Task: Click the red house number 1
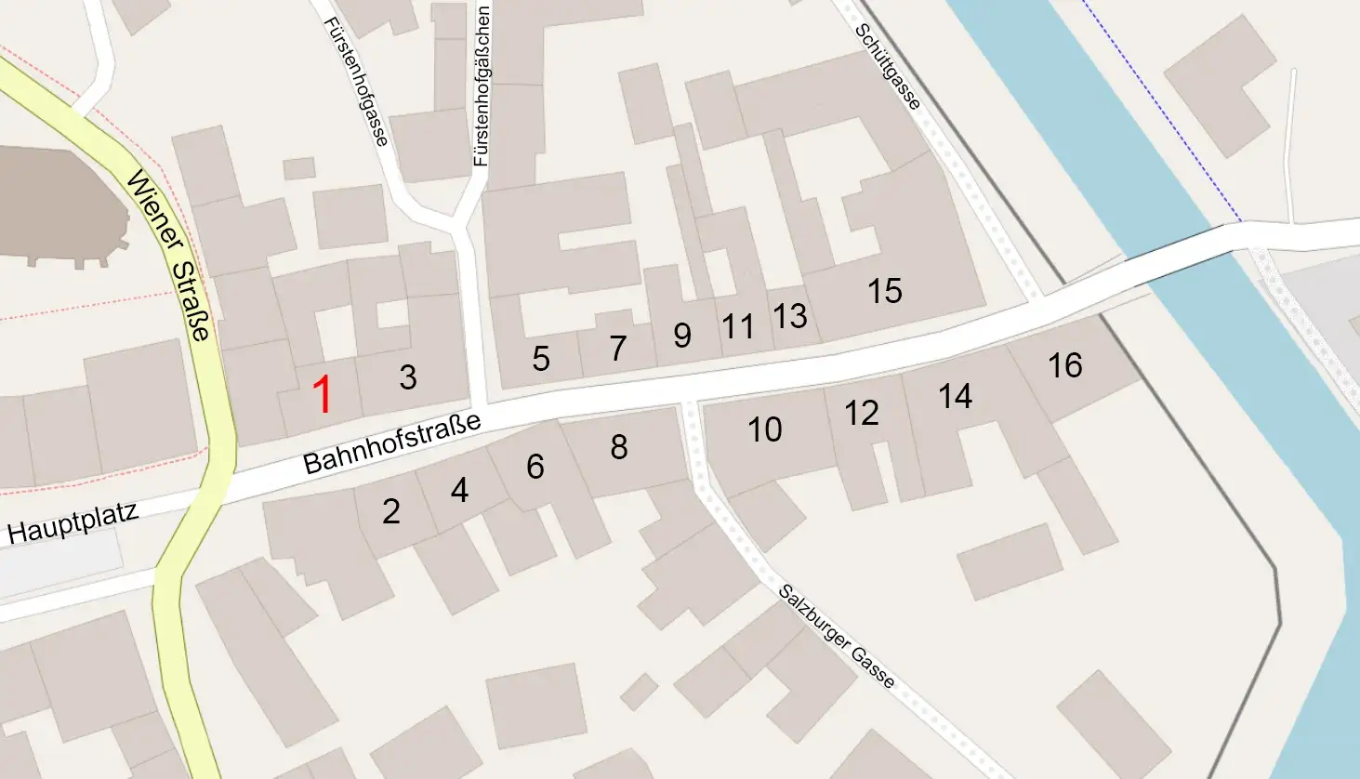322,395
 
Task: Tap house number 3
408,376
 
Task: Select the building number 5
541,359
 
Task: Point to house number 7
618,348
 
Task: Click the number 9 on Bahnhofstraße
682,336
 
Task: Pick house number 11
738,326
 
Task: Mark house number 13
790,316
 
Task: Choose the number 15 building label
885,291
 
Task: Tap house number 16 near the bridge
1065,365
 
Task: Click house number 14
956,397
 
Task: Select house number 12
862,413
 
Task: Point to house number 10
765,429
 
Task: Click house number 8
619,447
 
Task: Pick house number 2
391,510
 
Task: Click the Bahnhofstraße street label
392,443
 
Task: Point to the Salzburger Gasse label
837,637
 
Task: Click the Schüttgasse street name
888,66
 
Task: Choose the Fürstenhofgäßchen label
482,86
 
